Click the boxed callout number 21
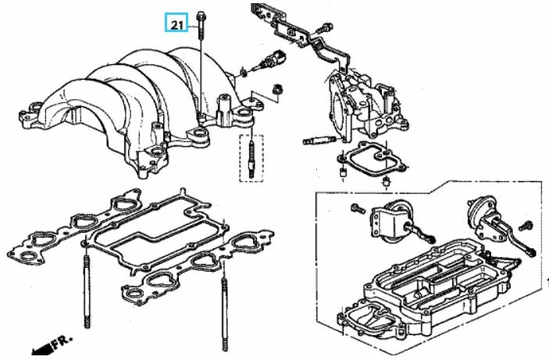pos(176,25)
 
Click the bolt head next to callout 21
pos(201,14)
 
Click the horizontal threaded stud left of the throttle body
pos(316,141)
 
